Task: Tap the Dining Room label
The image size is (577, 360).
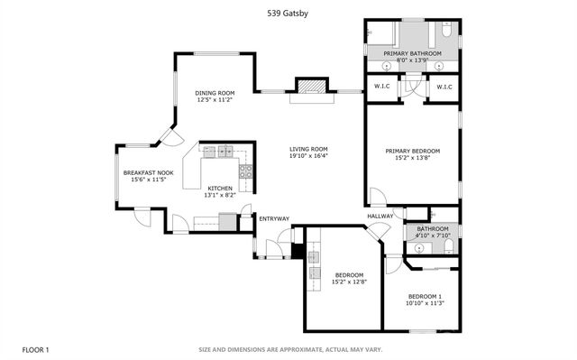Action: (215, 93)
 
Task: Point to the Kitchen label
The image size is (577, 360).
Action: (220, 188)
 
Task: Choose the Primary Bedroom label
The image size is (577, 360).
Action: (413, 151)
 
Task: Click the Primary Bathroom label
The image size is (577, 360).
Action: (412, 54)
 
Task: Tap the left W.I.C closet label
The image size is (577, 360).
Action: (381, 88)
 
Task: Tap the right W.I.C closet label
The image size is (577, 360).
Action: (443, 88)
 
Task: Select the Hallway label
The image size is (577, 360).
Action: (380, 216)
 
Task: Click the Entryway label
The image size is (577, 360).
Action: (274, 218)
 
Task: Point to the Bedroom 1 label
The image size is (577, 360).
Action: (425, 297)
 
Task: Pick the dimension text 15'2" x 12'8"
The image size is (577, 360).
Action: (349, 282)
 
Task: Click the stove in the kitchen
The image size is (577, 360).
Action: (244, 171)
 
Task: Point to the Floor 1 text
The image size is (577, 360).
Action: (35, 348)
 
